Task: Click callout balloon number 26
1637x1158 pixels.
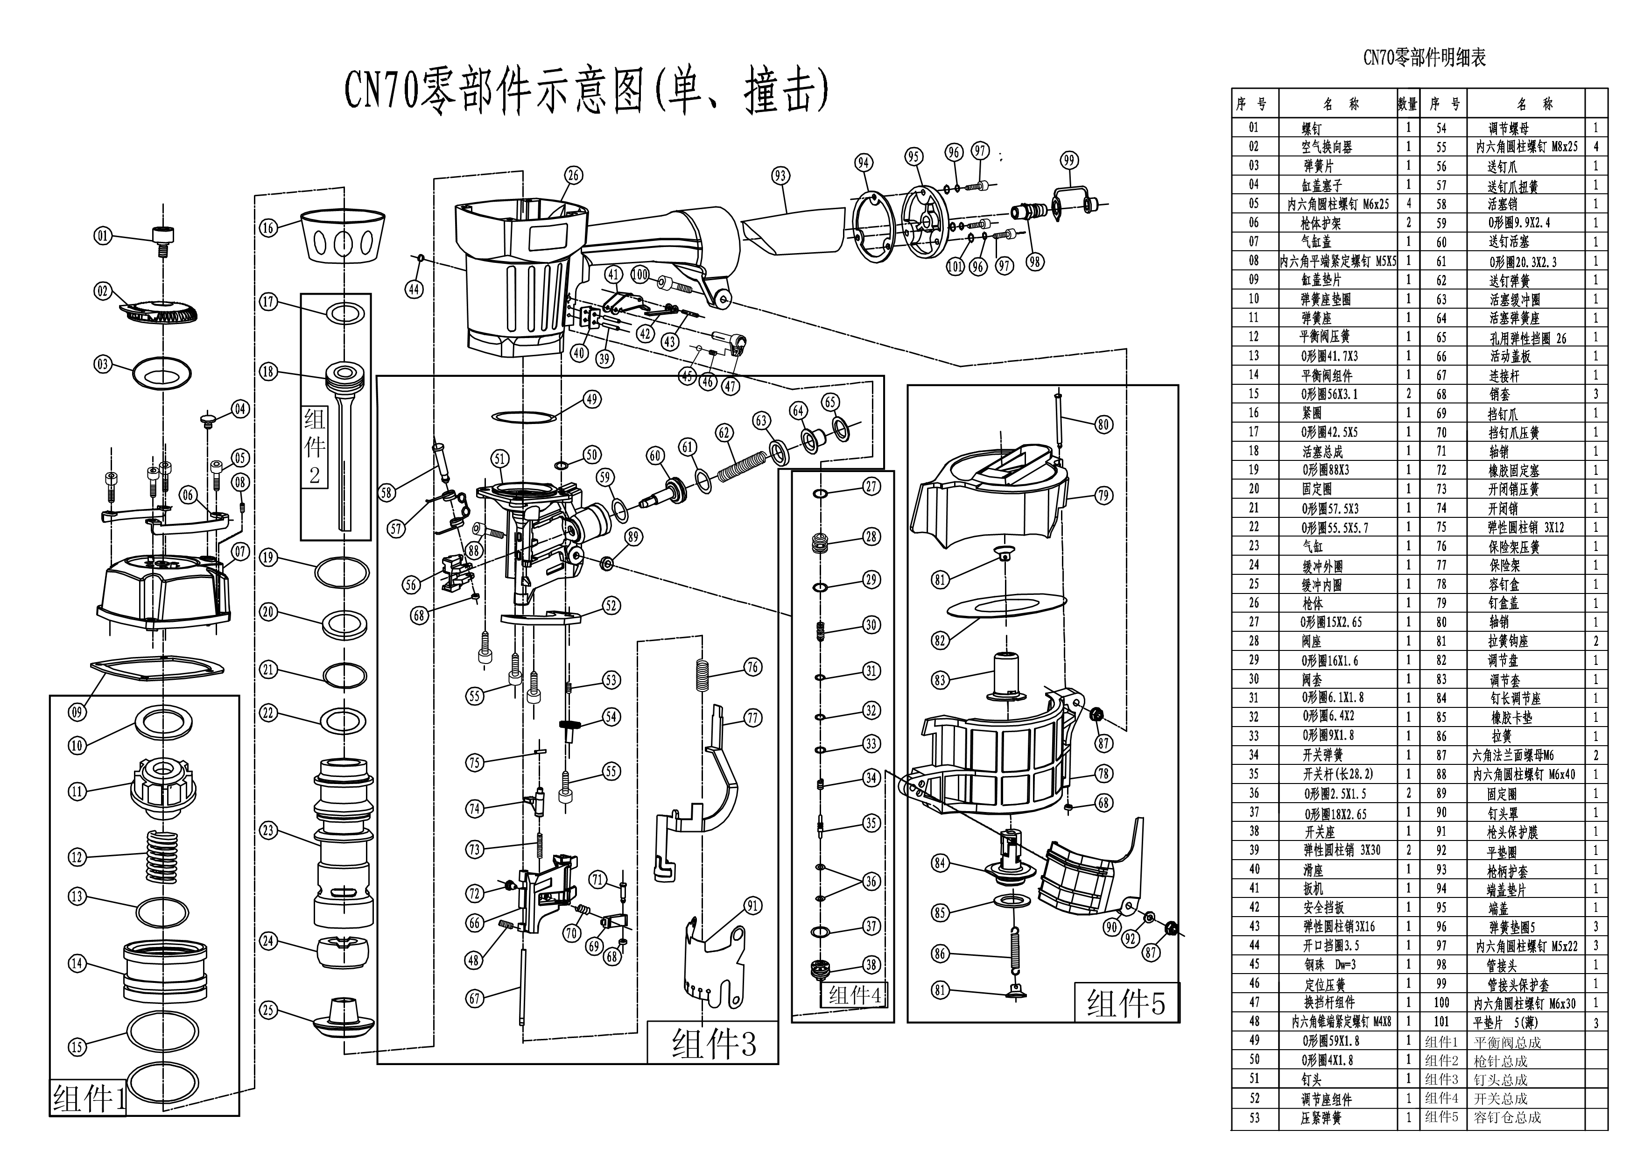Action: [x=574, y=176]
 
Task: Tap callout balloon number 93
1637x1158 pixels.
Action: [x=781, y=176]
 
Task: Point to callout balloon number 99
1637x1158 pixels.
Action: [x=1069, y=161]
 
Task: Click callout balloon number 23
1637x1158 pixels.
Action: [x=268, y=831]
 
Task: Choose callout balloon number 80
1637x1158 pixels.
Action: [x=1103, y=425]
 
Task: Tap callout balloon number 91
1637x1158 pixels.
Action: [x=753, y=905]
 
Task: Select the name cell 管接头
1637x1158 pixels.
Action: [x=1502, y=966]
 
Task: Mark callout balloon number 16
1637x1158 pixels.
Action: [x=268, y=227]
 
